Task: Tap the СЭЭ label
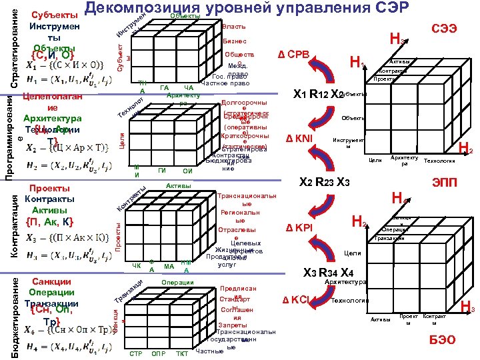point(444,29)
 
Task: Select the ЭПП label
point(445,182)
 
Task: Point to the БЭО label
point(443,339)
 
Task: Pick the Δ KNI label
point(299,139)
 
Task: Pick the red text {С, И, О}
point(53,55)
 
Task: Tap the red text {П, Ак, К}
point(49,221)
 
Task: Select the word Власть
point(233,27)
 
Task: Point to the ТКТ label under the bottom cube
point(181,353)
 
